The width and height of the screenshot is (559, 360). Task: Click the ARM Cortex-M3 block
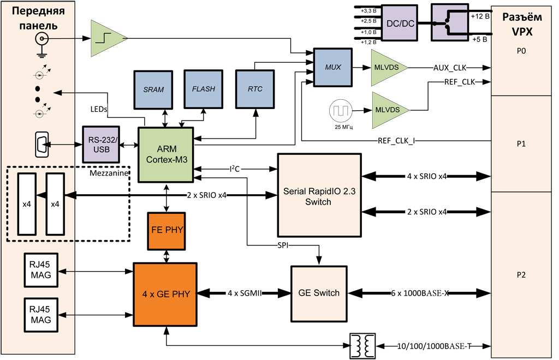coord(165,154)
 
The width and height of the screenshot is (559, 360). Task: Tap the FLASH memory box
coord(203,89)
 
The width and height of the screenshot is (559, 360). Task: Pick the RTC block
coord(253,89)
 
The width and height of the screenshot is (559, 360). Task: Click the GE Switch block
coord(319,293)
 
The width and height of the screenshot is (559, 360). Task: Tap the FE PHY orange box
coord(166,229)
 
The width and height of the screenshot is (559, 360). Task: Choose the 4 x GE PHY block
coord(165,293)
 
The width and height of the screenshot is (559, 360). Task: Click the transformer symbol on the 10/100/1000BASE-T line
coord(362,346)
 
